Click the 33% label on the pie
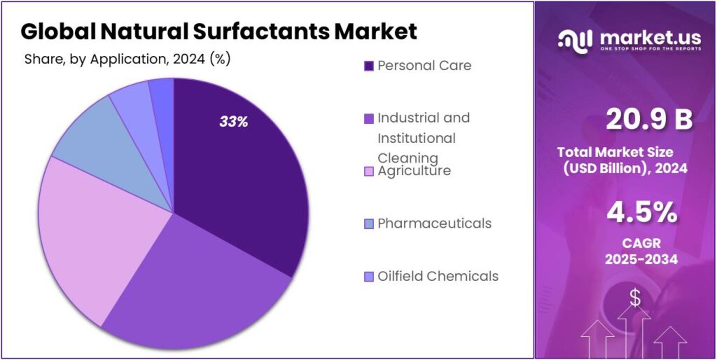234,121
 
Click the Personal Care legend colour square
368,66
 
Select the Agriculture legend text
414,170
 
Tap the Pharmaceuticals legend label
434,223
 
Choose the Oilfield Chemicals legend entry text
438,276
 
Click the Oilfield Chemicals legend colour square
368,277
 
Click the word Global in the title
57,31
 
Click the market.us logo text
645,39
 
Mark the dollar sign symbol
634,298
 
